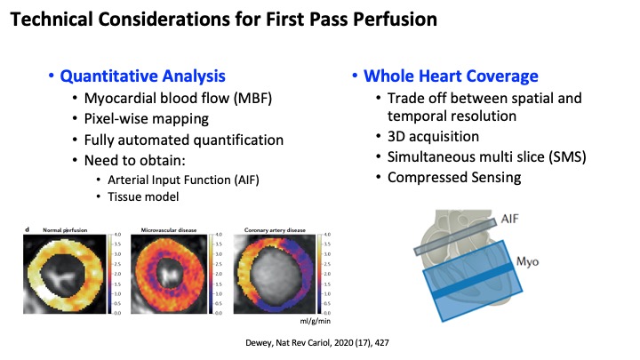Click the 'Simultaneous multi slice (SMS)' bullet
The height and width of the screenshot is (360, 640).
click(x=479, y=157)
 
